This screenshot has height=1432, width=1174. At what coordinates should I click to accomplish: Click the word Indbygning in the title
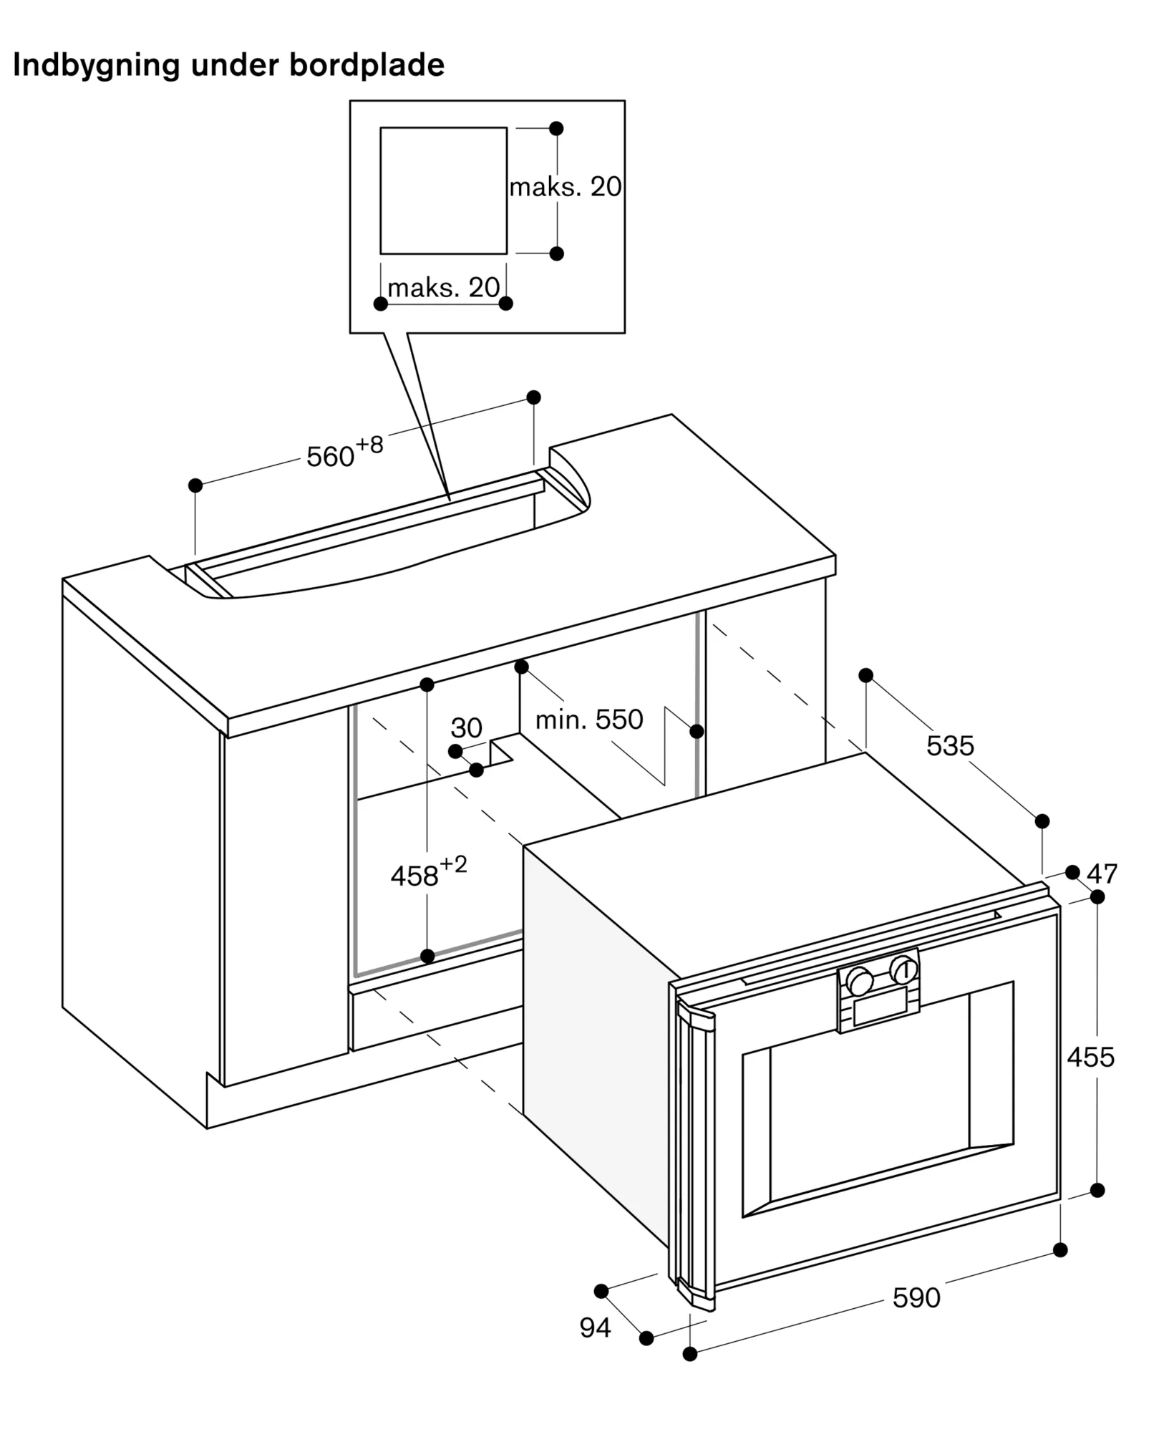[x=97, y=66]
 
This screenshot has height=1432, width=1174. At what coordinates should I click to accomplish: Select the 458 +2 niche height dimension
[x=428, y=871]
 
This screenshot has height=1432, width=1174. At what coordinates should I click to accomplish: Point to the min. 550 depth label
[x=589, y=720]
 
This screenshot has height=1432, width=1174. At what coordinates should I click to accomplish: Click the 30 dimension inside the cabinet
[x=466, y=728]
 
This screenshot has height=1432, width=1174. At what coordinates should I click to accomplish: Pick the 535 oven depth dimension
[x=950, y=746]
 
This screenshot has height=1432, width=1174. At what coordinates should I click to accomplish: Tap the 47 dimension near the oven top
[x=1102, y=874]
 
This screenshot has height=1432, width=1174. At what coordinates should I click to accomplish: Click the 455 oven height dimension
[x=1090, y=1057]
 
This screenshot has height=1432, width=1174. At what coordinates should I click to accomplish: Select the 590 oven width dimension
[x=916, y=1297]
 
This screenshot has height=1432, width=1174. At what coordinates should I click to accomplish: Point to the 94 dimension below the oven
[x=595, y=1327]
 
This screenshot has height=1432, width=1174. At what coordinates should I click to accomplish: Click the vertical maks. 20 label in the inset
[x=566, y=187]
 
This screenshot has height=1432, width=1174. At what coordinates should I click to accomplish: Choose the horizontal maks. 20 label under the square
[x=443, y=288]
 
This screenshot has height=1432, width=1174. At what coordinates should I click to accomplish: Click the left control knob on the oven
[x=859, y=981]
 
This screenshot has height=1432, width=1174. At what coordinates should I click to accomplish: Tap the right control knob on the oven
[x=903, y=970]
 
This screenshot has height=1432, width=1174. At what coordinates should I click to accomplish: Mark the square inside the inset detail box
[x=443, y=190]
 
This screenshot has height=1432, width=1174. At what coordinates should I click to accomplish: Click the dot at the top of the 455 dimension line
[x=1097, y=896]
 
